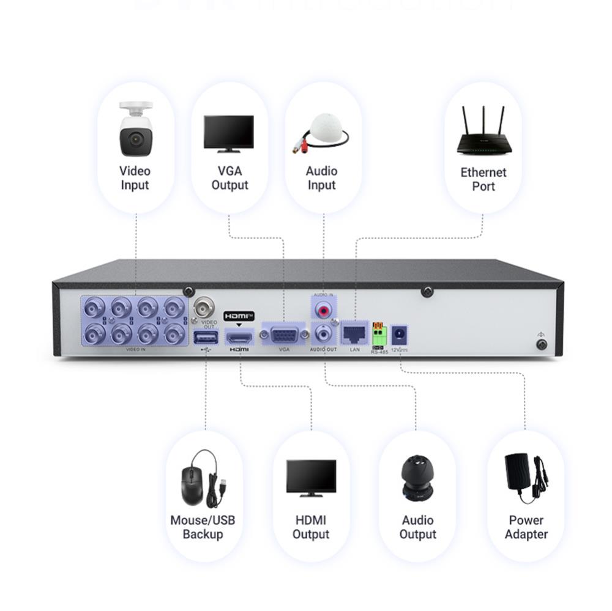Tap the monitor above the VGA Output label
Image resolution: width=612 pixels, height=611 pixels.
(x=229, y=133)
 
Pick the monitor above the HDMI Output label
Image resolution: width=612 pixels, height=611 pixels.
(x=311, y=478)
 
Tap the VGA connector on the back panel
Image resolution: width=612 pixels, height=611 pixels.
(x=284, y=335)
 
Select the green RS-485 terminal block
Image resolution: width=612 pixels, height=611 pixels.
(x=379, y=335)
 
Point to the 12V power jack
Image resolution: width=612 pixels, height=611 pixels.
(x=400, y=335)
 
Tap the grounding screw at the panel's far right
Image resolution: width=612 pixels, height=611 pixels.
(x=541, y=344)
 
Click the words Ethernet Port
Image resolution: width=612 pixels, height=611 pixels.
(x=483, y=179)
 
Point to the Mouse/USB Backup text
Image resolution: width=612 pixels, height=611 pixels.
(x=203, y=527)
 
